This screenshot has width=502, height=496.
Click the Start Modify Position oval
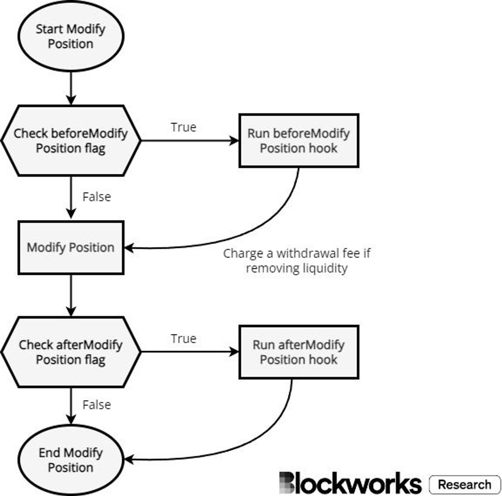click(x=71, y=36)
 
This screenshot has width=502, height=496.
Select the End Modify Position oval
click(x=71, y=460)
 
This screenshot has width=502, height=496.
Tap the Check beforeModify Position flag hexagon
click(x=71, y=141)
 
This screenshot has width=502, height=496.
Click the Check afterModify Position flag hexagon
click(x=71, y=352)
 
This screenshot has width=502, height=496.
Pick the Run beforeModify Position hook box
click(x=299, y=141)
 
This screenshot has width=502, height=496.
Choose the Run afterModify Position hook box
click(x=299, y=352)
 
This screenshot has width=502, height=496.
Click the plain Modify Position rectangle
click(x=71, y=248)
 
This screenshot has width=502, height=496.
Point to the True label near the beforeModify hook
click(x=184, y=127)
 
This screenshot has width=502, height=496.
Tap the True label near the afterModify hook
click(x=184, y=338)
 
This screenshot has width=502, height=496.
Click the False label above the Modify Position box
click(x=97, y=197)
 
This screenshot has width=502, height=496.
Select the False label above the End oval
click(x=97, y=405)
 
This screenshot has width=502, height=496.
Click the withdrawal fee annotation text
click(x=297, y=261)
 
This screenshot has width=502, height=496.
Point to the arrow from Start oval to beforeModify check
click(x=71, y=88)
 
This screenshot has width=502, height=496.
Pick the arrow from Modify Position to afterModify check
click(x=71, y=296)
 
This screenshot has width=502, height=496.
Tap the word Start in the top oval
click(x=50, y=29)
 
